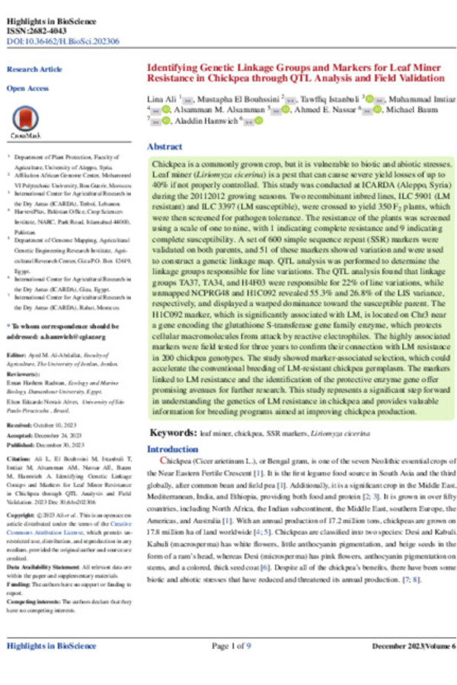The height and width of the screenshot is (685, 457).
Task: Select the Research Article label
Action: point(34,69)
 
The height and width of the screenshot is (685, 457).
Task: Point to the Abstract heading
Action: point(164,145)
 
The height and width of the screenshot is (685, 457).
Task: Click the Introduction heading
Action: point(172,449)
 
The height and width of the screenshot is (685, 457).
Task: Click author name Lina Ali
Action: point(161,100)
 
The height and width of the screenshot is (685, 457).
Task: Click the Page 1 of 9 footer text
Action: point(232,646)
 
